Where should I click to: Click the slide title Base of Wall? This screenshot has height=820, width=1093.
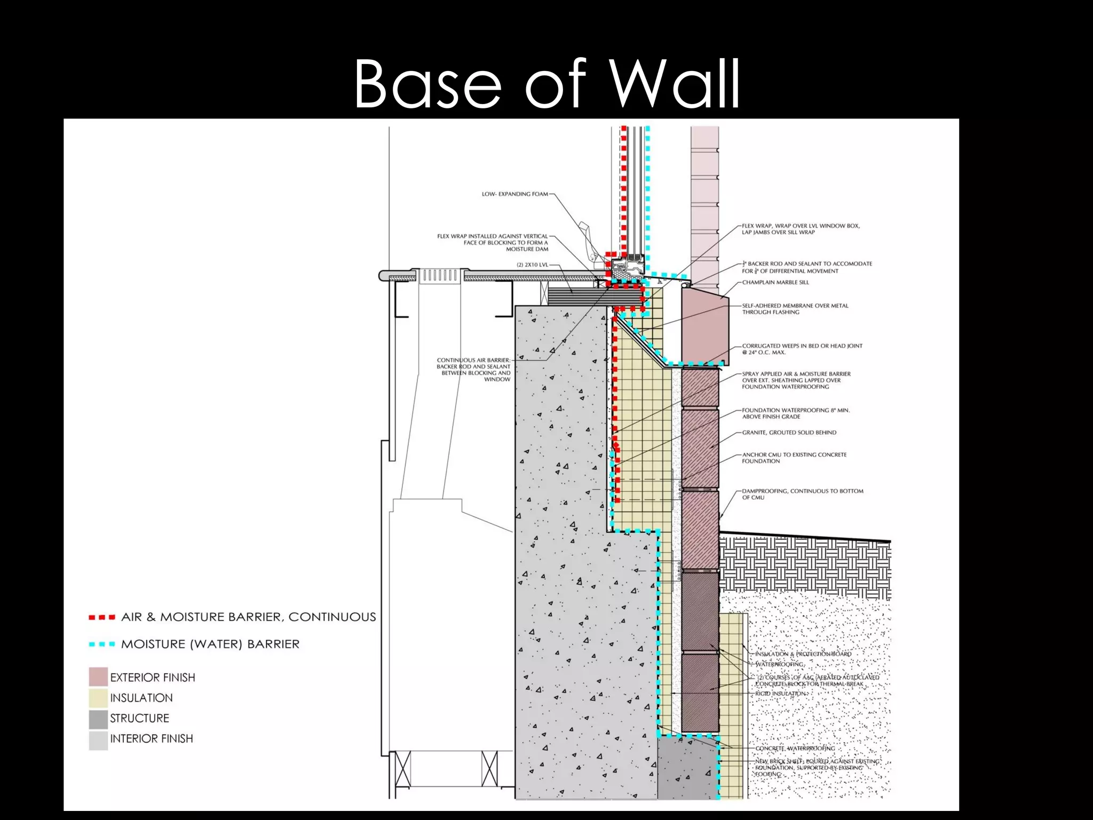546,84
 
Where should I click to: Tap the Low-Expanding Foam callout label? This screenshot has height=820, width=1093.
514,194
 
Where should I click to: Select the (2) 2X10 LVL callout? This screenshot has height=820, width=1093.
532,265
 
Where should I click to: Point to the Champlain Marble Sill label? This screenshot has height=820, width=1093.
775,282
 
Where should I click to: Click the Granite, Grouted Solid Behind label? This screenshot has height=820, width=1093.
789,432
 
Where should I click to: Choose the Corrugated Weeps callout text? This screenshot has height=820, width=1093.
802,349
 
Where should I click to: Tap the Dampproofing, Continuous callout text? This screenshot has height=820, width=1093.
802,494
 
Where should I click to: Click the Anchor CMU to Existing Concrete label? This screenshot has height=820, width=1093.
794,458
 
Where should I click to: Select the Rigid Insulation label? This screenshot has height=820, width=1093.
780,693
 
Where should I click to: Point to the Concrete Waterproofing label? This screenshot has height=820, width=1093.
795,748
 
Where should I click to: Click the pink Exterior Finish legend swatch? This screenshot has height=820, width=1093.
98,677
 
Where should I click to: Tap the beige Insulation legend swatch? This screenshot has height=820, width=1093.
98,698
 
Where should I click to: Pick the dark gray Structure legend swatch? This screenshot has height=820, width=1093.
98,719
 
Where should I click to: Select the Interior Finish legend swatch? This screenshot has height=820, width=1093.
98,739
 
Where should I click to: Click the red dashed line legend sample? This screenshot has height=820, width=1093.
102,618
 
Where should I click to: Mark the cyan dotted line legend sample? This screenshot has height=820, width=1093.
102,644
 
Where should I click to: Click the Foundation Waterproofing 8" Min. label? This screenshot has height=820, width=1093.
795,413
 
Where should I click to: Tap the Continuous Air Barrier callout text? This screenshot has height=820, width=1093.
473,369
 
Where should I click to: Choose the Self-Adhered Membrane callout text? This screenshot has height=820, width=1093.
795,309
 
